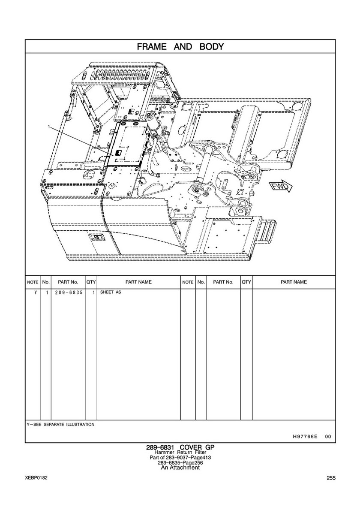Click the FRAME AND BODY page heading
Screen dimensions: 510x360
coord(180,46)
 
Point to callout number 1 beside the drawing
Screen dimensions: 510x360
coord(50,127)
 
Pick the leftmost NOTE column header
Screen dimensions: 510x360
coord(33,282)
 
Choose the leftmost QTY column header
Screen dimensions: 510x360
coord(91,282)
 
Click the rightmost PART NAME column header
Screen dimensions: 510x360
coord(294,282)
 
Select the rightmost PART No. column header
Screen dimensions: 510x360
coord(223,282)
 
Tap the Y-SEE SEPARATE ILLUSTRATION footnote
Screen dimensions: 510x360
coord(60,425)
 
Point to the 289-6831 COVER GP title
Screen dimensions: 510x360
coord(180,447)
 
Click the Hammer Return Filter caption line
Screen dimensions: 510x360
coord(180,453)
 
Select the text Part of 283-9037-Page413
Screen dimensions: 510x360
coord(180,458)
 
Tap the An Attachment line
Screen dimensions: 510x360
coord(180,468)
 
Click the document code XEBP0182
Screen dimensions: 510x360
coord(36,478)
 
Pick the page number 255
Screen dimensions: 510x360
coord(330,478)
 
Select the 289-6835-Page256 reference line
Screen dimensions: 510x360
coord(180,463)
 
